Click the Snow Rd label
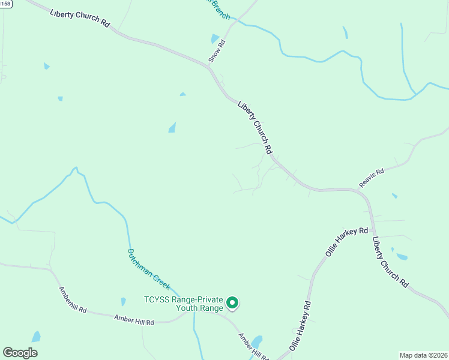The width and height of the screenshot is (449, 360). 217,51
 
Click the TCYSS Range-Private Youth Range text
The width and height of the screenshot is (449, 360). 183,304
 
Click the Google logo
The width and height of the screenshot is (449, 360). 20,353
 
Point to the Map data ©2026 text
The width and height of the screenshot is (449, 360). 423,355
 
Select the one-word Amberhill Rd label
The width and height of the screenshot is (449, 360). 73,300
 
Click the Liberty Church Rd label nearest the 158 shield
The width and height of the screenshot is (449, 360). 80,18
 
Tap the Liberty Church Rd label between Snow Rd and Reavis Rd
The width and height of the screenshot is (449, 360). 256,127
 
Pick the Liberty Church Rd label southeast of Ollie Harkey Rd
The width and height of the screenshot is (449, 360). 390,262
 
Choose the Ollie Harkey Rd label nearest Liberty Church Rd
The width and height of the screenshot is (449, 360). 346,242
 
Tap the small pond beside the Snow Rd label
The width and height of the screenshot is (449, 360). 215,39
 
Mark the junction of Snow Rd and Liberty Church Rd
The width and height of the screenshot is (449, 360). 208,64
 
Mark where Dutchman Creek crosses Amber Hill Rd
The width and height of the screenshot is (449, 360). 194,313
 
